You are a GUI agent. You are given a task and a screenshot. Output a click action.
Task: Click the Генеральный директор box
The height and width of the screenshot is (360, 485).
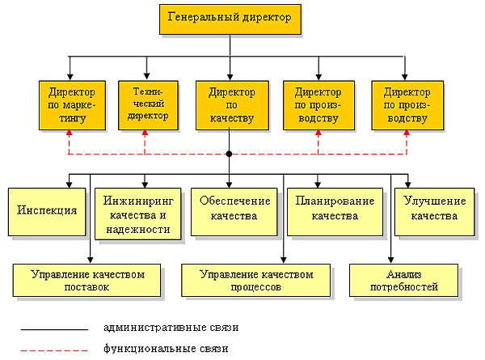[230, 18]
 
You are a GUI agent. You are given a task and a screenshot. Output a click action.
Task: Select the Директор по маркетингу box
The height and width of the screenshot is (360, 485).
[71, 104]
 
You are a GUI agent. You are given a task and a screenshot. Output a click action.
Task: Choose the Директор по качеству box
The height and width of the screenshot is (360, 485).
[231, 104]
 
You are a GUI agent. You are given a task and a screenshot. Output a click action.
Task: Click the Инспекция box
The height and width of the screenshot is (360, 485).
[46, 210]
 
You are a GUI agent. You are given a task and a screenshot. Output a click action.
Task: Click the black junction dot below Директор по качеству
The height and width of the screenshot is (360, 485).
[230, 154]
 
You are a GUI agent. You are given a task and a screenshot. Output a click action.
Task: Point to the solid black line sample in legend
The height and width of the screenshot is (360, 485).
[53, 330]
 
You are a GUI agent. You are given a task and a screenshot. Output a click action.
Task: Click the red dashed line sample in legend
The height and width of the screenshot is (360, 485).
[53, 350]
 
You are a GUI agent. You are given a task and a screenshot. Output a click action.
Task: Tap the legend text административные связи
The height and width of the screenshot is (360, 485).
[171, 328]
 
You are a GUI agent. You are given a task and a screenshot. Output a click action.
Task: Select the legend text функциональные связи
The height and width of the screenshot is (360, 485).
[166, 349]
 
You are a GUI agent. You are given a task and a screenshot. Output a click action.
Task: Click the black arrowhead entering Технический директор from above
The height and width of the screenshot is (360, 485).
[146, 74]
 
